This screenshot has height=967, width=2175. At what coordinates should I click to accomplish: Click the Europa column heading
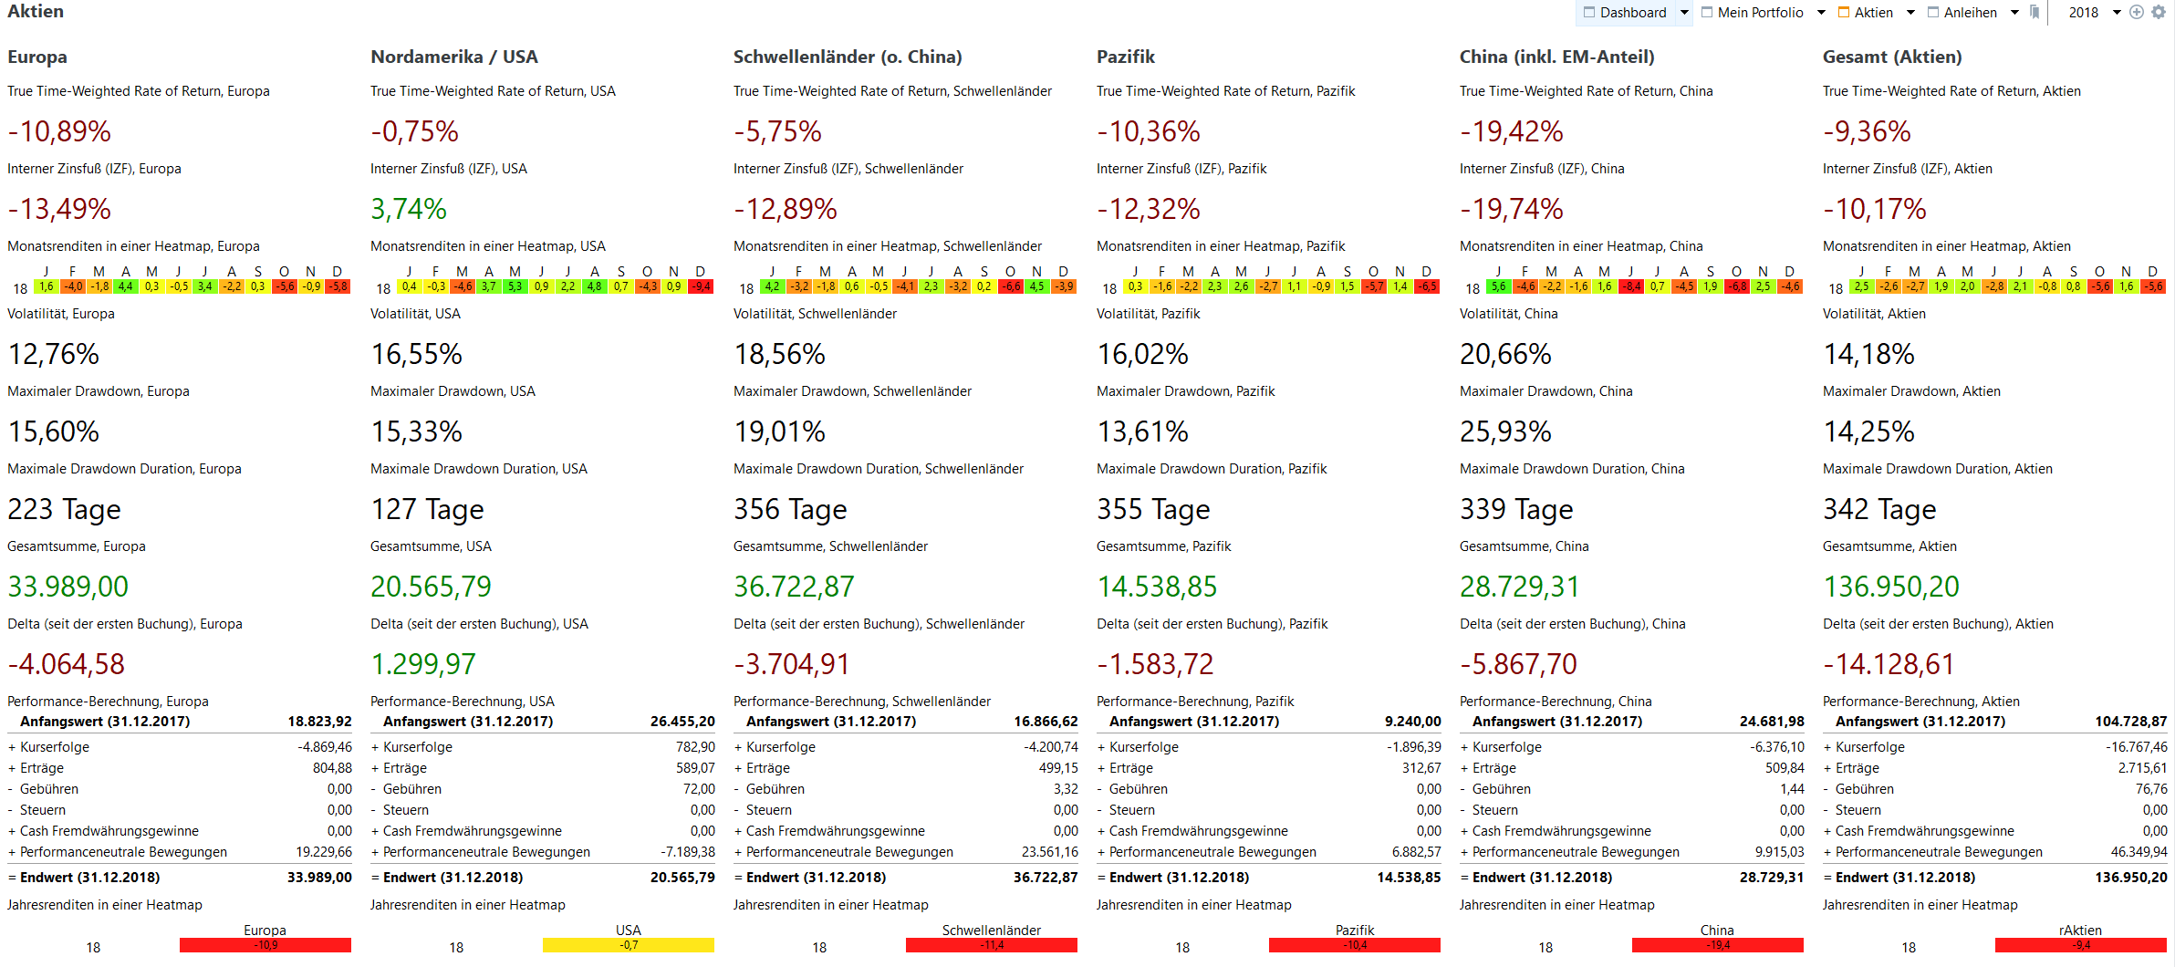point(37,57)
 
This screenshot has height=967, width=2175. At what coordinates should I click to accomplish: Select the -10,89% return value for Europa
point(59,131)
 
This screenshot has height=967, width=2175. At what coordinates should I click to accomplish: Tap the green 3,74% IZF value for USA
point(408,209)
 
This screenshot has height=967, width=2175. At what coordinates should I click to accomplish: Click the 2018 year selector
point(2084,13)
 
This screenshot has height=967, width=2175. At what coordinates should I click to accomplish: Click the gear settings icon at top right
point(2159,12)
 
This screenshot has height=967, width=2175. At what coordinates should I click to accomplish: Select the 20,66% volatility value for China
point(1505,354)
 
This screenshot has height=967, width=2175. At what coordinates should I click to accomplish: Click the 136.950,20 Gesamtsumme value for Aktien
point(1891,587)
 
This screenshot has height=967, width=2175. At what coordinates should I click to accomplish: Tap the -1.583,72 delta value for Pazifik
point(1155,664)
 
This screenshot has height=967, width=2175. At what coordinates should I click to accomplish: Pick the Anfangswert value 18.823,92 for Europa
point(319,722)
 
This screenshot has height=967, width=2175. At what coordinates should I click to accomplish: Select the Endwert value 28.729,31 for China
point(1771,878)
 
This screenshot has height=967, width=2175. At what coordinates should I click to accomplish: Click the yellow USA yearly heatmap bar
point(628,945)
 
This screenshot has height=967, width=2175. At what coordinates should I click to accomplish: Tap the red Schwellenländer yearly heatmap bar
point(991,945)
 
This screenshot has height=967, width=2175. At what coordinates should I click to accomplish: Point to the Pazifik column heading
point(1126,57)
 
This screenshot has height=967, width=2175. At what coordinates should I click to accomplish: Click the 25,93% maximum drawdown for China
point(1505,432)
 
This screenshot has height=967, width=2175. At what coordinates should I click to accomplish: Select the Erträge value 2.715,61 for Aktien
point(2142,768)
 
